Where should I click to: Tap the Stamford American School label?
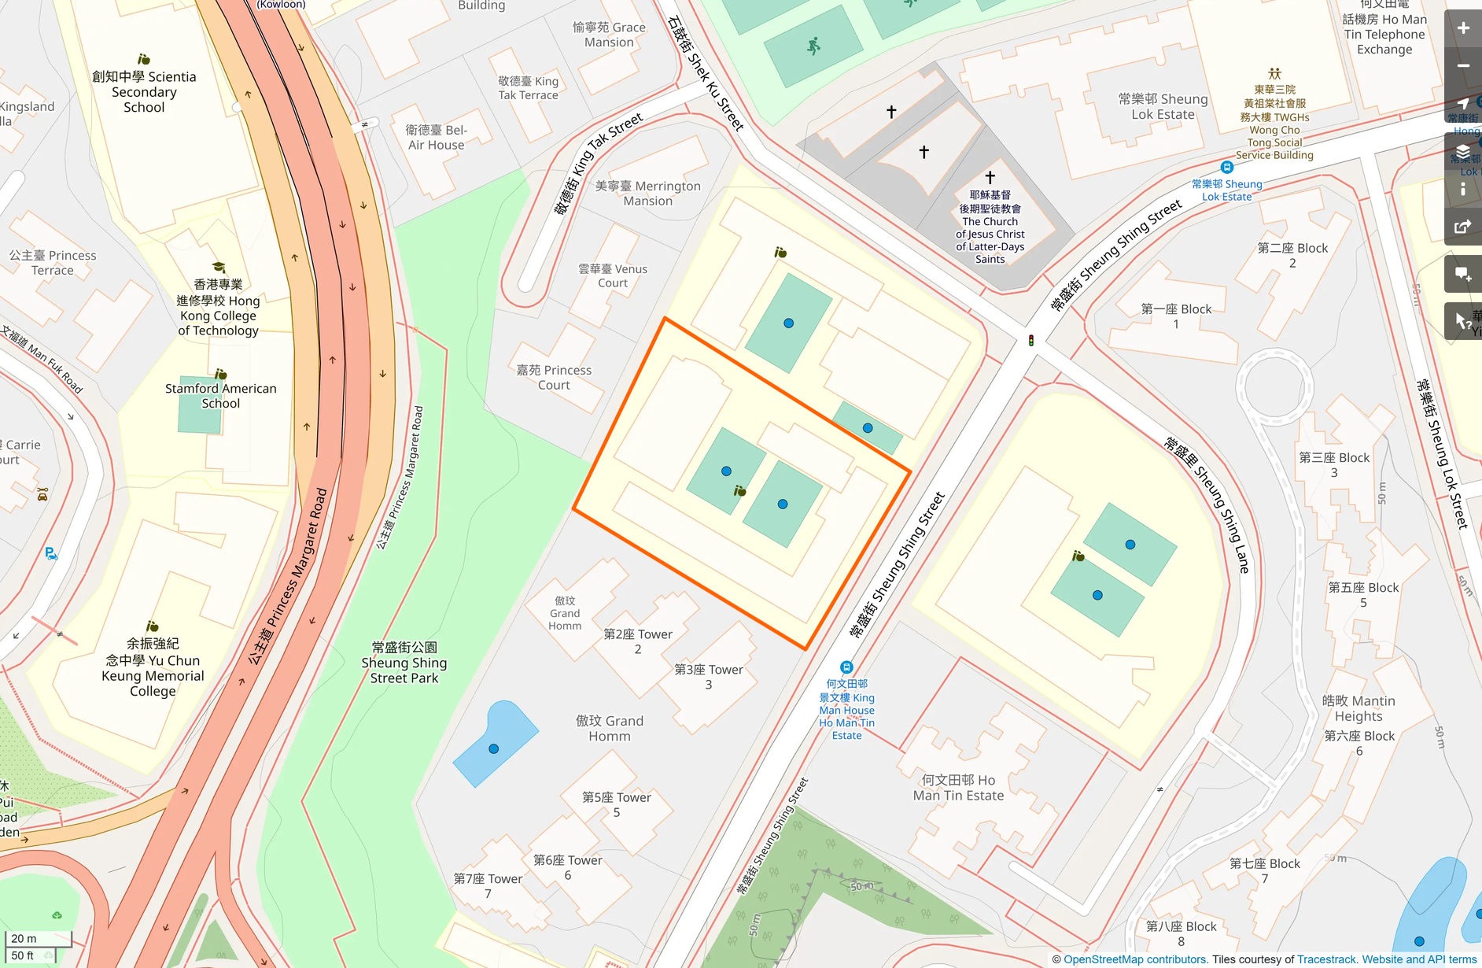[220, 396]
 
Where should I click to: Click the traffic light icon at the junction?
[1031, 340]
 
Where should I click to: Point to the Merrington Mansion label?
[647, 194]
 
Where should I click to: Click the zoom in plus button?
[1462, 28]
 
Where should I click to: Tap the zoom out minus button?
[1462, 66]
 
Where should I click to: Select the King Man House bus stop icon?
[846, 667]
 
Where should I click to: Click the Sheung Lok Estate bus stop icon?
[1226, 167]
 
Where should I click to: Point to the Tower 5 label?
[617, 804]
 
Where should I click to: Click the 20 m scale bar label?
[24, 938]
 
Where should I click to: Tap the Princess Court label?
[554, 377]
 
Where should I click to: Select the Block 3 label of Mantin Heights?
[1334, 464]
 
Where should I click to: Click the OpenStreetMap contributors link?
[1134, 959]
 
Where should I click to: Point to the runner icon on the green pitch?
[814, 46]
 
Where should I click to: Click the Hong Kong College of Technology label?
[218, 308]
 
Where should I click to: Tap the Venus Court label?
[613, 275]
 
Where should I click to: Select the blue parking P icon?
[50, 553]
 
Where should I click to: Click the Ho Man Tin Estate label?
[958, 787]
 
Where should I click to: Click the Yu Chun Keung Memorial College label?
[153, 667]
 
